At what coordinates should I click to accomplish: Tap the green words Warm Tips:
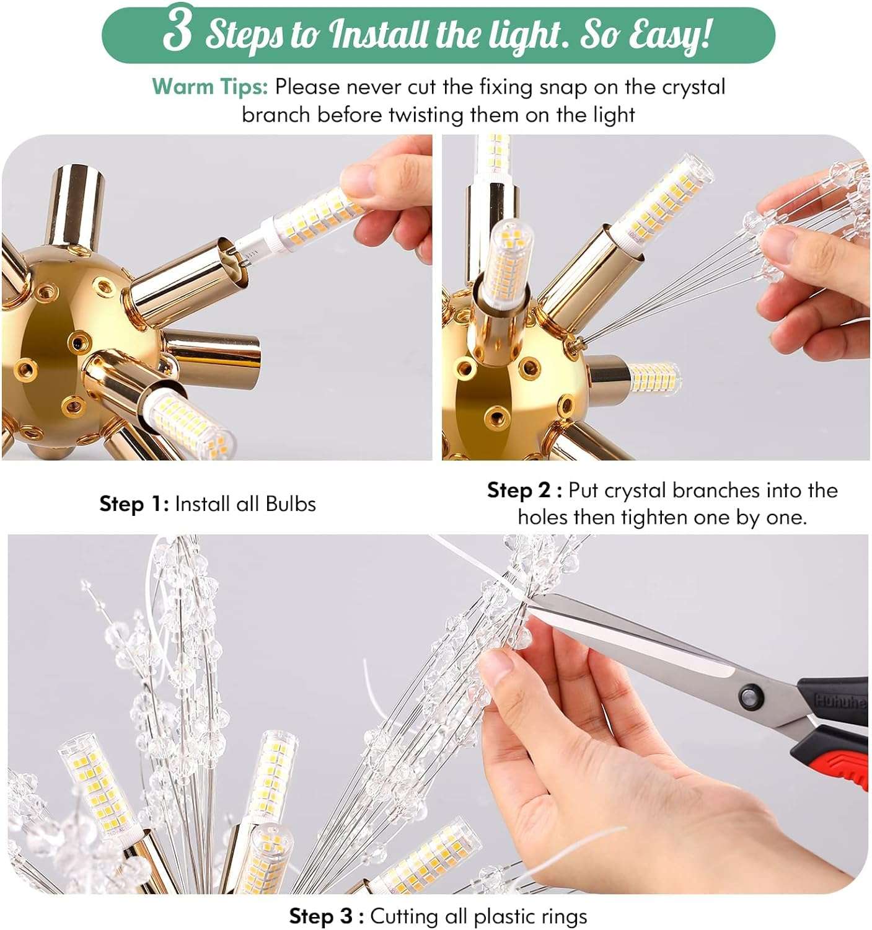point(209,87)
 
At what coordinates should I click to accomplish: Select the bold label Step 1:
point(134,504)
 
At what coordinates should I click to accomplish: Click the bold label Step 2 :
point(524,490)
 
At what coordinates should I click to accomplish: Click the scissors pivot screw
point(751,696)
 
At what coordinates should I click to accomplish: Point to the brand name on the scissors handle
point(840,701)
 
